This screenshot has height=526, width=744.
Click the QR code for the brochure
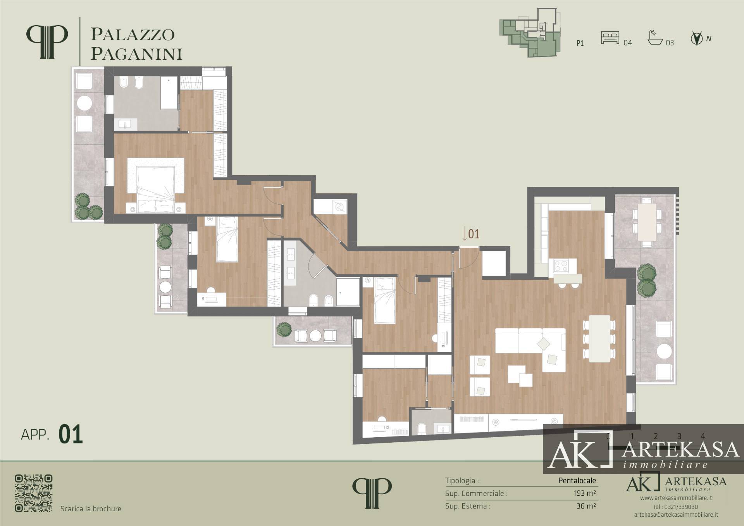pyautogui.click(x=34, y=493)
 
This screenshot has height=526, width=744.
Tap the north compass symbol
pyautogui.click(x=696, y=39)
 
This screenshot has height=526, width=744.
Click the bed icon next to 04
pyautogui.click(x=610, y=38)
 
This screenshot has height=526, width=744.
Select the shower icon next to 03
pyautogui.click(x=655, y=38)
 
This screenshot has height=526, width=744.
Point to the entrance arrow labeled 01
pyautogui.click(x=464, y=234)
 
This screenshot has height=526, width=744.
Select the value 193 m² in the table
pyautogui.click(x=585, y=493)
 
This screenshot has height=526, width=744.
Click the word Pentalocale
pyautogui.click(x=577, y=481)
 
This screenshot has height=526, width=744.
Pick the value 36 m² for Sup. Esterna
pyautogui.click(x=586, y=506)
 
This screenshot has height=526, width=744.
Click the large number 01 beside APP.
pyautogui.click(x=71, y=434)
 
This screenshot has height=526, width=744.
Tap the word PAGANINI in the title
pyautogui.click(x=136, y=54)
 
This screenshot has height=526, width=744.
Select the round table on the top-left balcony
pyautogui.click(x=84, y=103)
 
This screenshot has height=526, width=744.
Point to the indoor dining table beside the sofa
pyautogui.click(x=599, y=338)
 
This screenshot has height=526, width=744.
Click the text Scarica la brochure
pyautogui.click(x=91, y=509)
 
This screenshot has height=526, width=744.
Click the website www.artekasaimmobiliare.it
pyautogui.click(x=676, y=498)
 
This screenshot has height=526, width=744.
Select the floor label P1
pyautogui.click(x=580, y=43)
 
